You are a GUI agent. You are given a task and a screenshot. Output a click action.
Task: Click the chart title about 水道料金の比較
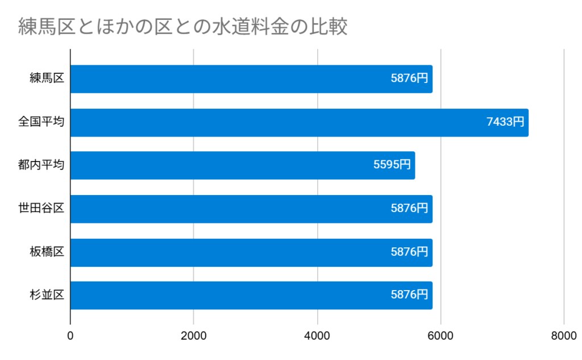182,27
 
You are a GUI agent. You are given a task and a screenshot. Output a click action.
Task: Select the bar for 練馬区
251,79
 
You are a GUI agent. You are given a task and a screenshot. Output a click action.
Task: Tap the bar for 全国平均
299,122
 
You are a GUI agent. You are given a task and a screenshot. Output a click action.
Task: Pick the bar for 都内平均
242,165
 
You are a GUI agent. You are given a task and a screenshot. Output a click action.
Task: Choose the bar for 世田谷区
251,209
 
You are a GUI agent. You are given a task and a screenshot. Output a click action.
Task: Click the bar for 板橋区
251,252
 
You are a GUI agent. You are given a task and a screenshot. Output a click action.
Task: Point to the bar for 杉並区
251,295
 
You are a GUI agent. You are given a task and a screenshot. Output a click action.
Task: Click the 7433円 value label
505,122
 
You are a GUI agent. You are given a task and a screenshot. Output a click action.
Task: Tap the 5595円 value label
392,165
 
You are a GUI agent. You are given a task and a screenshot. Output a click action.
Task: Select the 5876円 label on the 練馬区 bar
409,78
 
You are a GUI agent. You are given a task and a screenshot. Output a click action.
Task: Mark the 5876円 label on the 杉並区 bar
409,295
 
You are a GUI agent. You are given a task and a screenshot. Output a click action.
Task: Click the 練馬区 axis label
47,79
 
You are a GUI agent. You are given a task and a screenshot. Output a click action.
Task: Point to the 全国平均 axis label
41,122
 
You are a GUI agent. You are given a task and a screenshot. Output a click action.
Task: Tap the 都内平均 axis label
41,165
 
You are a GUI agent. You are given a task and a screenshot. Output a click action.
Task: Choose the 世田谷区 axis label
41,209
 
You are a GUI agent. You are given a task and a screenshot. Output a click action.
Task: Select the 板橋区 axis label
47,252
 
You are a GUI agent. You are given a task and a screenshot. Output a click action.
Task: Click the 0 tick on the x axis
70,336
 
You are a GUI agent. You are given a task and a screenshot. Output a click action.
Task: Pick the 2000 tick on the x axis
194,336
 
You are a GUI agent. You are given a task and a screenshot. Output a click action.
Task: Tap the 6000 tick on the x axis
440,336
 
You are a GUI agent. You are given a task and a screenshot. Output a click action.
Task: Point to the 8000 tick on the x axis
563,336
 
